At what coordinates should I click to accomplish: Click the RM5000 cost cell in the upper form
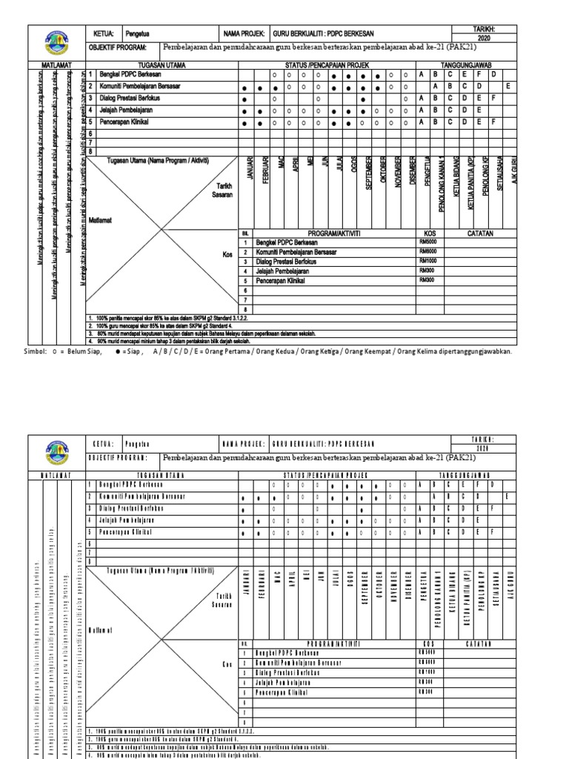428,242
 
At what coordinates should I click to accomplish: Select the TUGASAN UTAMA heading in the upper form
163,65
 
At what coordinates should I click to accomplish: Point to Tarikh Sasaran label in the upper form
224,190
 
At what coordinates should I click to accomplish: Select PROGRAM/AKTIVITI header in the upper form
327,233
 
